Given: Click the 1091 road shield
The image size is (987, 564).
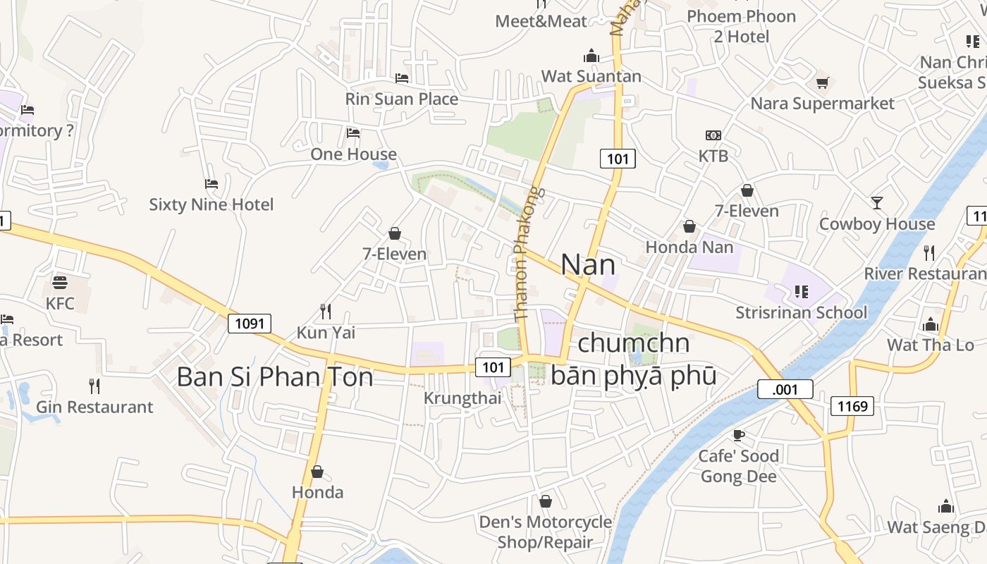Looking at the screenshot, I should click(250, 324).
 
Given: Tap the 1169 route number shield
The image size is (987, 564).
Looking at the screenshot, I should click(852, 405).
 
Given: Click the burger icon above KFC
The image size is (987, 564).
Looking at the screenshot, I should click(60, 283).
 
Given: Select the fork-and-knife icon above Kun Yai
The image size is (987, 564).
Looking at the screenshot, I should click(326, 312).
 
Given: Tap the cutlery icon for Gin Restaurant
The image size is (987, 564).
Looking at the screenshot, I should click(94, 386).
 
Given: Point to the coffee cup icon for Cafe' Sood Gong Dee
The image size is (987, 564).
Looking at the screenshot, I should click(738, 435).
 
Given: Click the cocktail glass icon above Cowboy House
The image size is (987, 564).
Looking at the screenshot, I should click(876, 203).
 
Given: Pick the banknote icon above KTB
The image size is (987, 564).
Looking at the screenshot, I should click(713, 135).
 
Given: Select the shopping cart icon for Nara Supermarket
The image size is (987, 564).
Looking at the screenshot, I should click(822, 83).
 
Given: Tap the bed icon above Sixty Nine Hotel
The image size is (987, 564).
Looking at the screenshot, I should click(211, 184).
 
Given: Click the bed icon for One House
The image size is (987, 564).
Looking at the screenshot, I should click(353, 133).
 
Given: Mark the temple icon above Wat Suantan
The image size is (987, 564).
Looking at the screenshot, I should click(591, 56).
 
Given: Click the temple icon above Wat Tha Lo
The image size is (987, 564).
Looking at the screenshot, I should click(930, 324).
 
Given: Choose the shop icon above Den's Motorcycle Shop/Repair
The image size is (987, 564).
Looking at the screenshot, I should click(545, 501).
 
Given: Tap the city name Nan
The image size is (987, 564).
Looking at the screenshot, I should click(588, 265).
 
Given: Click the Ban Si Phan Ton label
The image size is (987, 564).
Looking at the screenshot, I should click(275, 377).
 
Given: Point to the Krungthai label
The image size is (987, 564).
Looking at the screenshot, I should click(462, 398).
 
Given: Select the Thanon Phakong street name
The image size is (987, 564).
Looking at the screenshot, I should click(526, 254).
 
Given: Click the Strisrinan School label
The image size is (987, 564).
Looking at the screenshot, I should click(802, 312).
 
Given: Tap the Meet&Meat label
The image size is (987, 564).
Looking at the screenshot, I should click(541, 21).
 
